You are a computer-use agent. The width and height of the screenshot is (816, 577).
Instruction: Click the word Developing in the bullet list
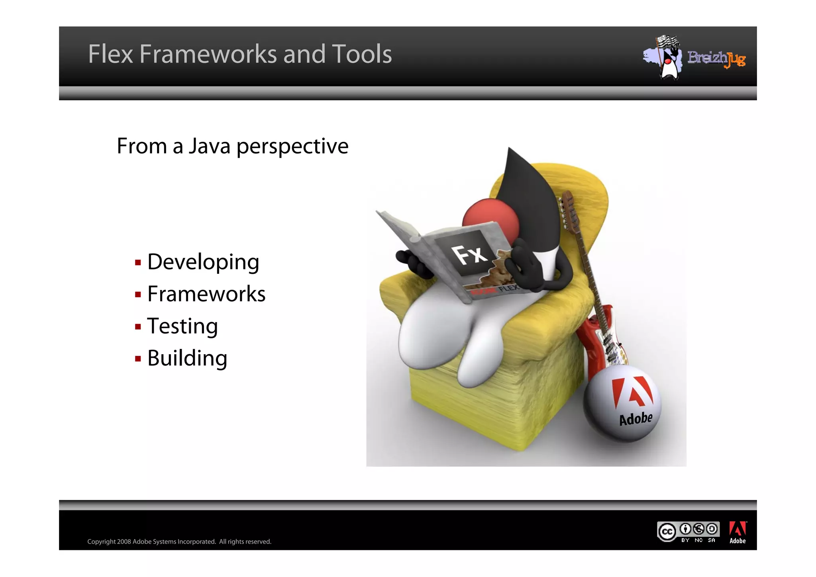click(x=203, y=262)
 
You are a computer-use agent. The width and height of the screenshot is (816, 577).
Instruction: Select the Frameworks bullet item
click(x=206, y=294)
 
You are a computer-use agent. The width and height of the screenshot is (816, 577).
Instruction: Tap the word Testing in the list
click(x=182, y=326)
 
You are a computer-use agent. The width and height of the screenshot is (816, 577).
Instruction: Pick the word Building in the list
click(x=187, y=358)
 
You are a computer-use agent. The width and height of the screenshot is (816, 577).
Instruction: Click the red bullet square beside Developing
click(x=138, y=263)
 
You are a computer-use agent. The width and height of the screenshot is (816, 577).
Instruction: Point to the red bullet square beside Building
click(x=138, y=359)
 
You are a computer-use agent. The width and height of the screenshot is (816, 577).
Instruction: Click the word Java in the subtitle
click(x=210, y=146)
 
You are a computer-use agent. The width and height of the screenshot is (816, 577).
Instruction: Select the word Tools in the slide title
click(x=362, y=54)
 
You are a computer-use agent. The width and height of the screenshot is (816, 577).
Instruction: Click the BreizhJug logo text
click(x=716, y=59)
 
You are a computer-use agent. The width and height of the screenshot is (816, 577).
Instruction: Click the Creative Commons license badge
click(x=688, y=532)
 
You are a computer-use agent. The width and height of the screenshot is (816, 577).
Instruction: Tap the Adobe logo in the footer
click(x=738, y=532)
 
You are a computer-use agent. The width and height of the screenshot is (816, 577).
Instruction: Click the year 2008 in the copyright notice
click(x=124, y=542)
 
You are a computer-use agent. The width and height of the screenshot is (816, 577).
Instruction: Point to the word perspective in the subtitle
click(x=292, y=147)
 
